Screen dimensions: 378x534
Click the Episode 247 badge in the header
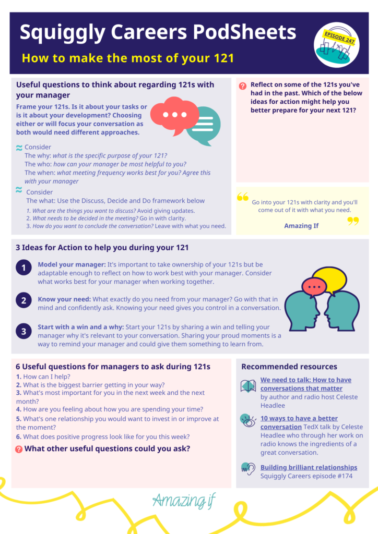[x=336, y=45]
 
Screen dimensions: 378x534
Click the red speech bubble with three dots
[x=174, y=115]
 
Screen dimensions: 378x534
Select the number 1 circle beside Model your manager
[x=23, y=268]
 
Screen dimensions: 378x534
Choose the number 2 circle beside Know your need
[x=23, y=300]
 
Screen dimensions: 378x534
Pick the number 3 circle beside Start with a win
[x=23, y=331]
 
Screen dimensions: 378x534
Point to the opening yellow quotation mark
[x=243, y=197]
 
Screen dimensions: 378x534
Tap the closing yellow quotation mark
[x=353, y=221]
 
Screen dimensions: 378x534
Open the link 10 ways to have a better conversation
[x=299, y=422]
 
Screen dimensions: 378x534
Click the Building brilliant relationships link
[x=309, y=467]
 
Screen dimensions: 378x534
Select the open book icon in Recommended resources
[x=248, y=386]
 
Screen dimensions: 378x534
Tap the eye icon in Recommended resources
[x=248, y=421]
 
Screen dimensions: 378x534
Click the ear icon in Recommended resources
[x=248, y=469]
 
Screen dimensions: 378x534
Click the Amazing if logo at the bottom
[x=184, y=501]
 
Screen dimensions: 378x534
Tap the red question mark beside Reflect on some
[x=243, y=86]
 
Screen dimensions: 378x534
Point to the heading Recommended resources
[x=289, y=367]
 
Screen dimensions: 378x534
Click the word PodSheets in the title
[x=244, y=32]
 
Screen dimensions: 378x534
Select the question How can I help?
[x=43, y=377]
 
